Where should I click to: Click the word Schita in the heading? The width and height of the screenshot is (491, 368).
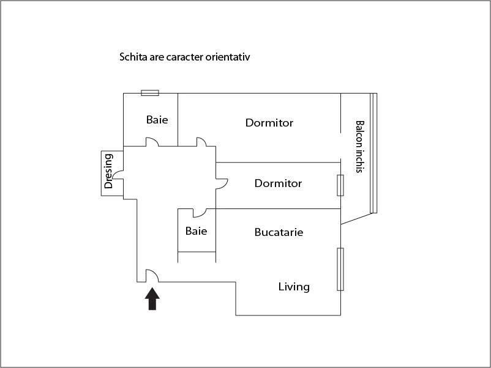(132, 57)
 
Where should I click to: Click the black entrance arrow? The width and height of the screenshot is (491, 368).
(152, 299)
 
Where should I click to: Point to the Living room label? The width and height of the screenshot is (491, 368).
(294, 287)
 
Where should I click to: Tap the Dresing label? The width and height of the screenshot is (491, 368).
(109, 171)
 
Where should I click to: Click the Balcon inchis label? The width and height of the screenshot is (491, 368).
(359, 147)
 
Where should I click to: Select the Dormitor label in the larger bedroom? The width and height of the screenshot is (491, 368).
(269, 123)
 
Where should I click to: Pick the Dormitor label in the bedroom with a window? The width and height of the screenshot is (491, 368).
(278, 183)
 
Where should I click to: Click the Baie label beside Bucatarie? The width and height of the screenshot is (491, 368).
(196, 231)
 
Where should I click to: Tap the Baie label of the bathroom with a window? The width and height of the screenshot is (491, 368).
(157, 120)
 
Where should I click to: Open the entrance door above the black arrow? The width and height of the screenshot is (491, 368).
(152, 276)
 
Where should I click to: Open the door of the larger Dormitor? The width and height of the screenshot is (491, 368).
(201, 142)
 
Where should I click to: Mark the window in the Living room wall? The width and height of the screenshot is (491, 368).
(340, 269)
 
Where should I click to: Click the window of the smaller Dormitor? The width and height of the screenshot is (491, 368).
(340, 185)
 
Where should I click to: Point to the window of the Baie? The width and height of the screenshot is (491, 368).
(150, 93)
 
